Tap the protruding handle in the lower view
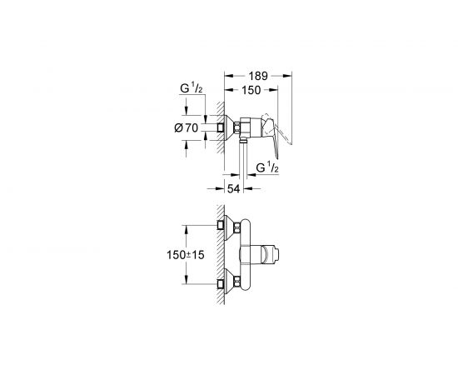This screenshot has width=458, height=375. click(x=271, y=255)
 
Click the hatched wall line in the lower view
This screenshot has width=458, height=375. click(x=216, y=254)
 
